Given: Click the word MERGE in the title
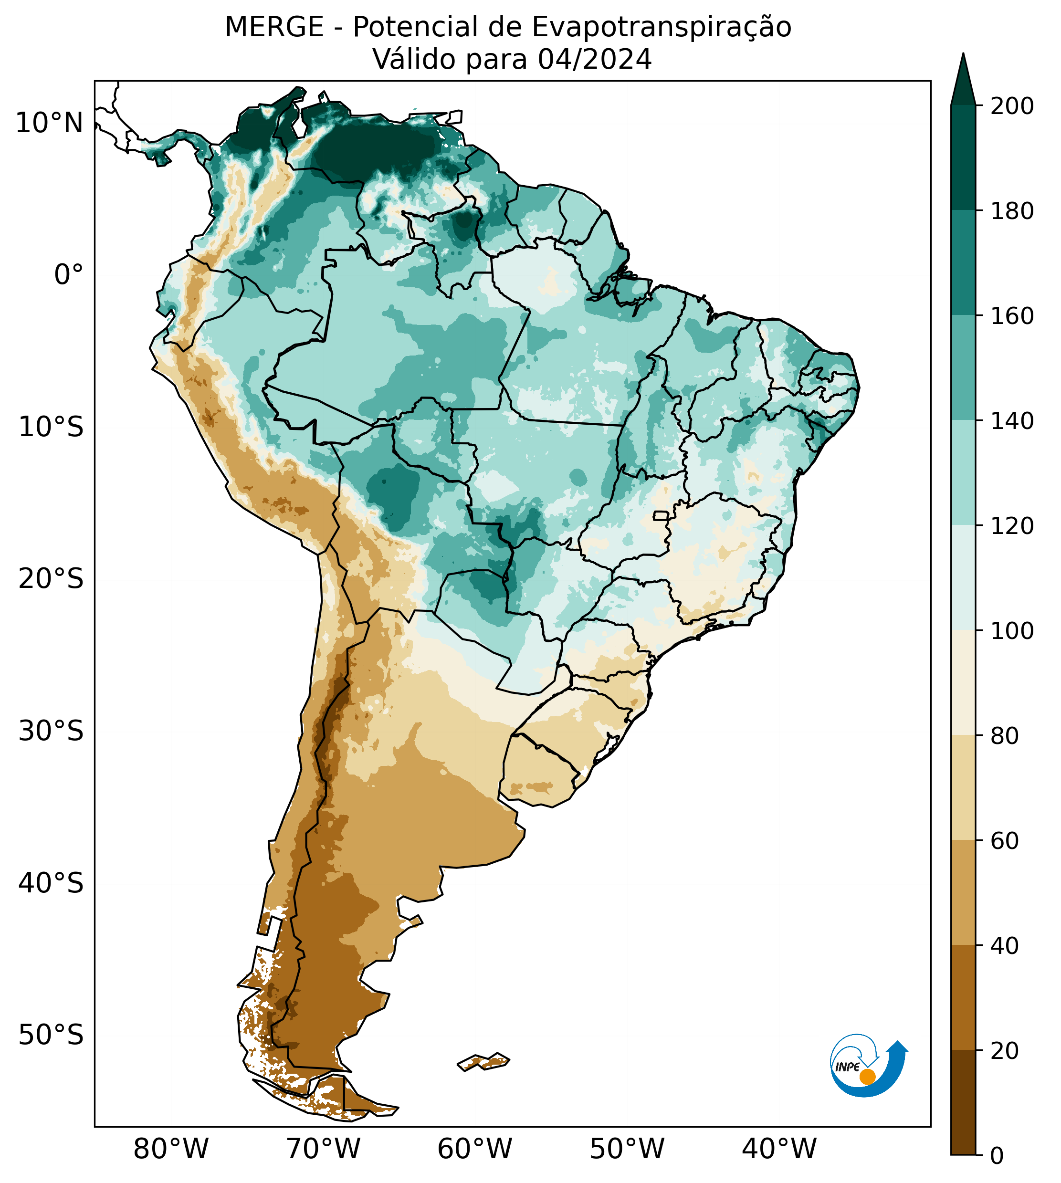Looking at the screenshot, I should [274, 27].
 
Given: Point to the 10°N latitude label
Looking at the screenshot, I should [50, 123].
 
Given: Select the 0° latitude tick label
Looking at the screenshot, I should [69, 274].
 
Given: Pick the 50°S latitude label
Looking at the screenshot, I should [51, 1035].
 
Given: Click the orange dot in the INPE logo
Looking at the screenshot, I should [867, 1077].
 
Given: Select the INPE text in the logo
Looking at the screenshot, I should [847, 1067].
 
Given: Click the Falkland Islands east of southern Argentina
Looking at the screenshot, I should [484, 1061].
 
